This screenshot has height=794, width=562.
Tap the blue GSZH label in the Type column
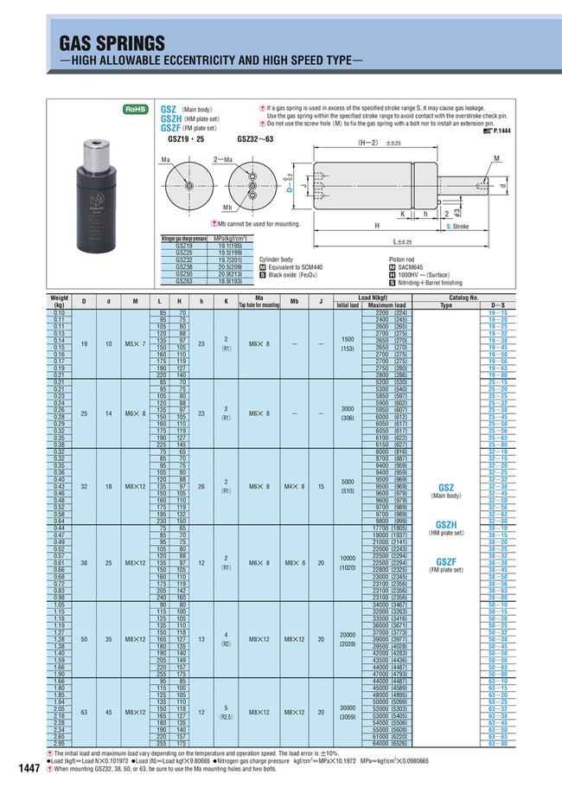pos(446,524)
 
